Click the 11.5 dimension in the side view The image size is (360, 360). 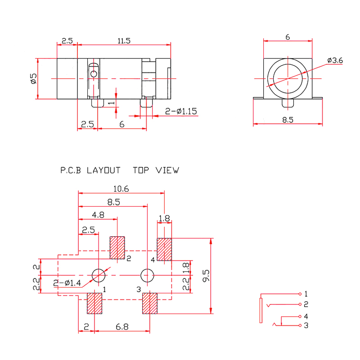coord(124,41)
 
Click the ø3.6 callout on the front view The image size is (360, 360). coord(335,60)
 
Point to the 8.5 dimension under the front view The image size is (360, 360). coord(288,120)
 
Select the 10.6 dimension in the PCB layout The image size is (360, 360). coord(121,189)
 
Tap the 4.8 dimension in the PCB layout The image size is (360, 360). coord(98,215)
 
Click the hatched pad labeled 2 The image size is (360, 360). coord(117,248)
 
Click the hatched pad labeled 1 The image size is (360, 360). coord(94,304)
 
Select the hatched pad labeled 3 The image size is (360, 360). coord(149,303)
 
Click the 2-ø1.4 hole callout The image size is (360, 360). coord(67,283)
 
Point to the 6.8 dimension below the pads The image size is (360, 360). coord(121,327)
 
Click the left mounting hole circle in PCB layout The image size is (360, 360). coord(98,274)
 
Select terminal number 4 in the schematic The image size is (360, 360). coord(306,316)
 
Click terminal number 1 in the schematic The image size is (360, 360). coord(306,294)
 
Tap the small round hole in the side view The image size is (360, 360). coord(94,74)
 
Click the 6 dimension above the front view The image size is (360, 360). coord(288,37)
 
